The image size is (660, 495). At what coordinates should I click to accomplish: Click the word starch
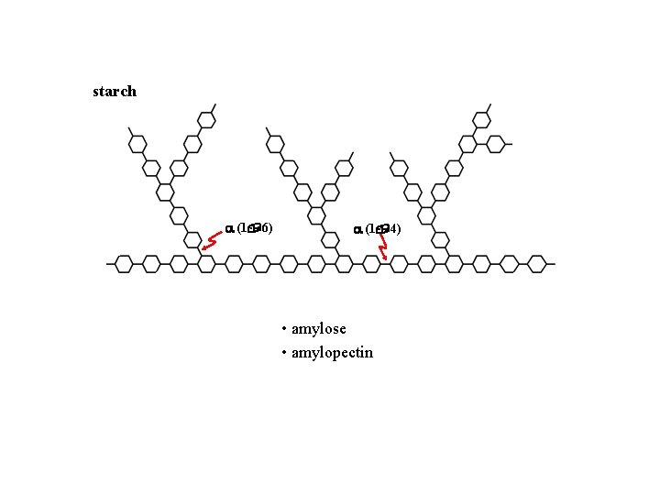click(x=115, y=91)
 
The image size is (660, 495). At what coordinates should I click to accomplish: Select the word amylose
click(x=318, y=328)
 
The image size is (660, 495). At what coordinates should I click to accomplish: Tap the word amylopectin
click(x=332, y=352)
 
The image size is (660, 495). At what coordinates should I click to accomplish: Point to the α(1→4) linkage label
click(x=378, y=228)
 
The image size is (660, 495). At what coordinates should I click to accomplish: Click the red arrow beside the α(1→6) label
click(x=213, y=242)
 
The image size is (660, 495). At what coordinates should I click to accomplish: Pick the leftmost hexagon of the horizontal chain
click(x=125, y=264)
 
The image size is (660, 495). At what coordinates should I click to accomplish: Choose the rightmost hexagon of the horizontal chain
click(x=537, y=264)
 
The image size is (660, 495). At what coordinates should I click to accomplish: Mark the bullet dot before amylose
click(x=285, y=329)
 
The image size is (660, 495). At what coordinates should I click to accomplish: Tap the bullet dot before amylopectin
click(x=285, y=353)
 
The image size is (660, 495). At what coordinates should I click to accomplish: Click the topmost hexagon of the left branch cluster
click(x=207, y=120)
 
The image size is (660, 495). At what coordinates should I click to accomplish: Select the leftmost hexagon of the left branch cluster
click(x=137, y=144)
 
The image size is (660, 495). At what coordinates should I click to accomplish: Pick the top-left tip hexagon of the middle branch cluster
click(x=275, y=144)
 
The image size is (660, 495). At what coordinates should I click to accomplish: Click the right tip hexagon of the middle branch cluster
click(x=344, y=168)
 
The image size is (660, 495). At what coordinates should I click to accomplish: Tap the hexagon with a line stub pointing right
click(x=496, y=144)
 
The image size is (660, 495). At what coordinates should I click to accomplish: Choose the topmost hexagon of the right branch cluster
click(x=482, y=120)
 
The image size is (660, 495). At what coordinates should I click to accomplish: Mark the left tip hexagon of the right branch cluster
click(x=400, y=168)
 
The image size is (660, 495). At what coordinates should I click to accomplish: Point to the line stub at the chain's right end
click(x=551, y=264)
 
